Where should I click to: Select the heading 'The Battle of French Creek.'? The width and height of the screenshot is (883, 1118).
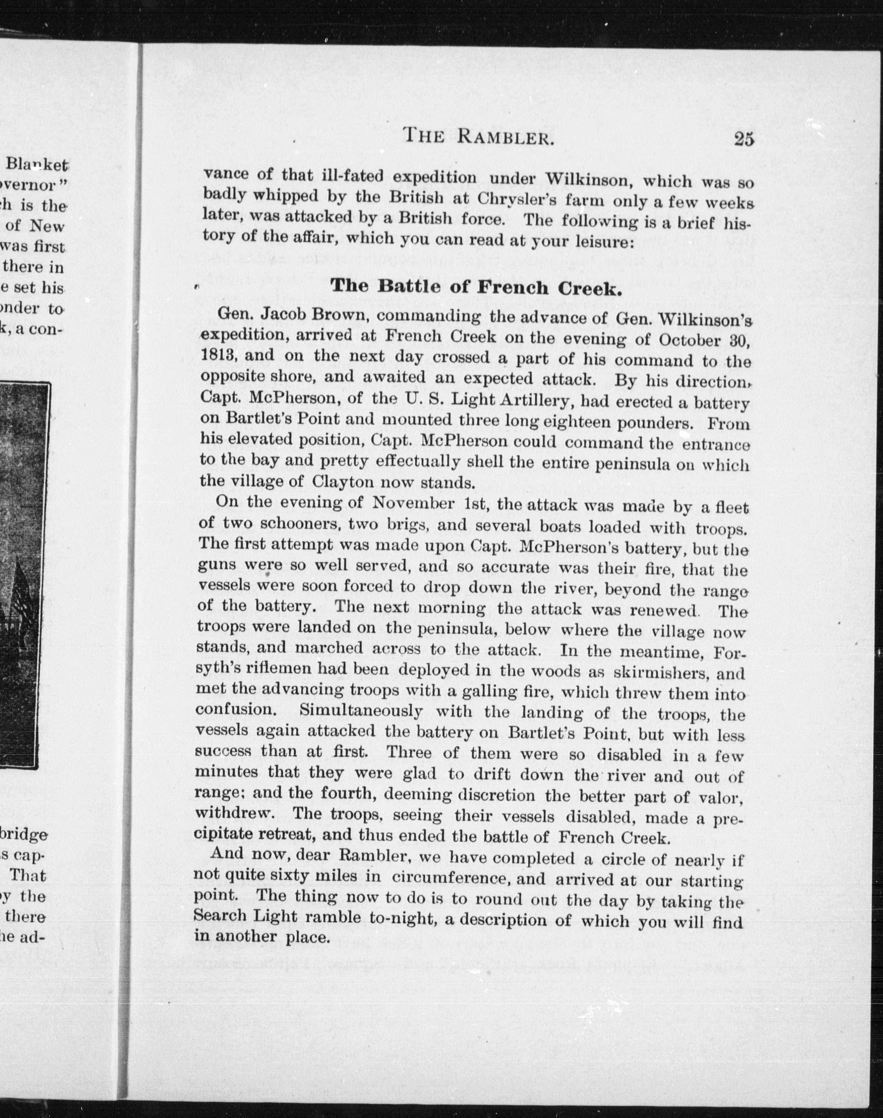tap(475, 286)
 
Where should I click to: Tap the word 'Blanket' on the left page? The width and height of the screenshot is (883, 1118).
tap(37, 165)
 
